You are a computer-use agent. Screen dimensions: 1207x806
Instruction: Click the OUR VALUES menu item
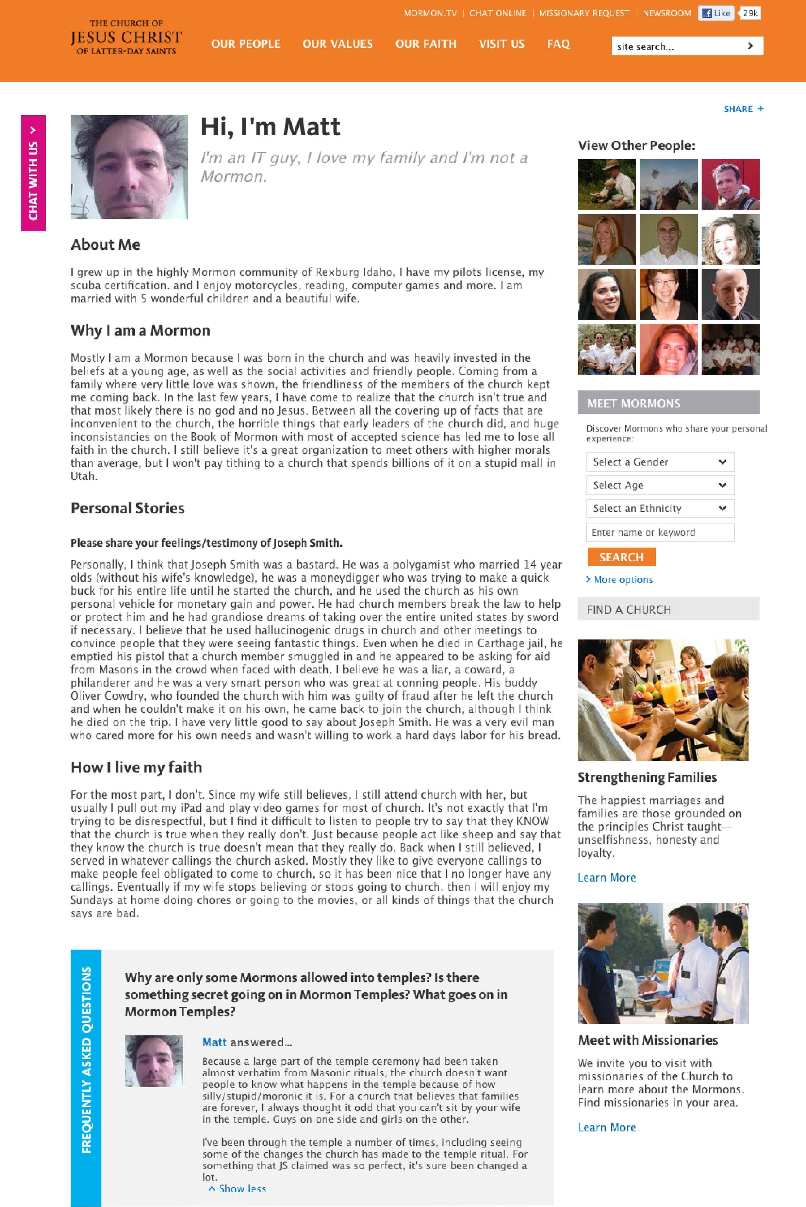pos(337,44)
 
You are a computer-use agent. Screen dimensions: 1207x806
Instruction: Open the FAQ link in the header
pos(558,44)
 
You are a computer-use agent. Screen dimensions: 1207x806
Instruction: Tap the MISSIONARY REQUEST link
pos(584,13)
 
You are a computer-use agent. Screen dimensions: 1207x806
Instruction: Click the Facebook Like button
pos(716,13)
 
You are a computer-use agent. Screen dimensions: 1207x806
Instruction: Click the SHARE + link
pos(743,109)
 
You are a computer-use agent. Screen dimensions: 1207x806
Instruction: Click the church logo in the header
pos(126,37)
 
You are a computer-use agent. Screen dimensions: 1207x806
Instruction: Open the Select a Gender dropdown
pos(660,462)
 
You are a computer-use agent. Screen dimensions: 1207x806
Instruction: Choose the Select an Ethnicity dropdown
pos(660,508)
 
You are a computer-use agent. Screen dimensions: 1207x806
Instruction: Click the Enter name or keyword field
pos(660,532)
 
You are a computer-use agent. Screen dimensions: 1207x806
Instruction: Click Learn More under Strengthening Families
pos(606,877)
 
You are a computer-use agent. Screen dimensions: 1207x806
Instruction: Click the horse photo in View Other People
pos(668,184)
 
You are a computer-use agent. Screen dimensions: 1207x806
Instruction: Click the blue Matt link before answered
pos(214,1042)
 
